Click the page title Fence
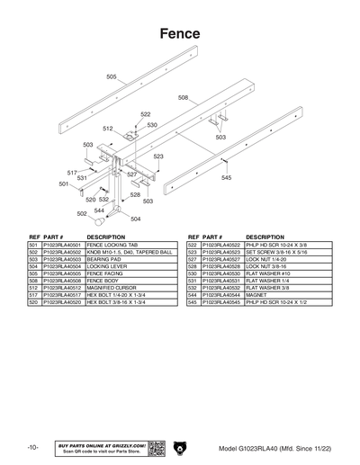[179, 33]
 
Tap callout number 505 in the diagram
[112, 77]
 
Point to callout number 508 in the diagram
[183, 97]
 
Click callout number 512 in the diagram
[107, 130]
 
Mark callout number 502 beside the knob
[82, 214]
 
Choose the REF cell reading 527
[193, 258]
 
